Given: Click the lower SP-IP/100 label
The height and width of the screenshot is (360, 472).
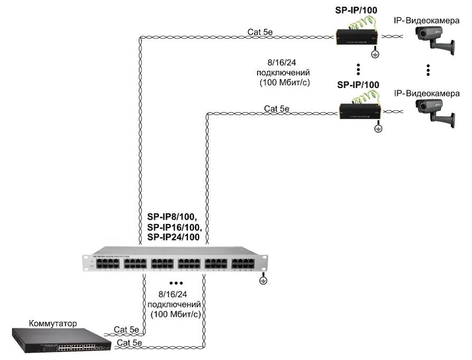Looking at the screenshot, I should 358,85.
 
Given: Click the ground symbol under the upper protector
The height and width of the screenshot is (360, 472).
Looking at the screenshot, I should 375,54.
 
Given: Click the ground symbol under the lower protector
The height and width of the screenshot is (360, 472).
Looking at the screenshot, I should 378,128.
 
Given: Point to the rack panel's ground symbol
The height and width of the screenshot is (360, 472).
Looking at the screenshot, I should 263,281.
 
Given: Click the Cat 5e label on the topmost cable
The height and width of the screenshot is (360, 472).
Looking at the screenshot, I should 260,32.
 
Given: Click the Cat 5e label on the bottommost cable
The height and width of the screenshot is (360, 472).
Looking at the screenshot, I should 129,342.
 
